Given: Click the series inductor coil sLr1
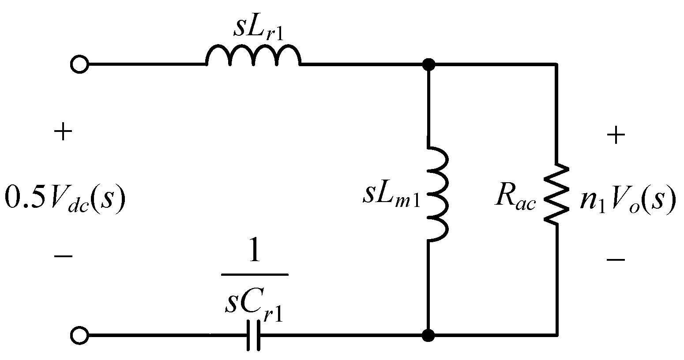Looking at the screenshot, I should pyautogui.click(x=253, y=56).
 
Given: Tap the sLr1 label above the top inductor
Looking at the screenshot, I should pyautogui.click(x=258, y=29).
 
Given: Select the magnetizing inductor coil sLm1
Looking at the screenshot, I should pyautogui.click(x=438, y=194).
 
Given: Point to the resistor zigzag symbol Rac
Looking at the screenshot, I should pyautogui.click(x=557, y=194).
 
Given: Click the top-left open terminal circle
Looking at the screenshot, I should pyautogui.click(x=79, y=64).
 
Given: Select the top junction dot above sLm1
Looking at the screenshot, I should pyautogui.click(x=428, y=64).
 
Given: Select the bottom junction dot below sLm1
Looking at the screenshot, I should pyautogui.click(x=428, y=336).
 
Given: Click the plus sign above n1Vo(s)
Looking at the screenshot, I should pyautogui.click(x=616, y=135).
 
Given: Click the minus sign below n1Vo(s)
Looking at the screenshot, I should pyautogui.click(x=616, y=259).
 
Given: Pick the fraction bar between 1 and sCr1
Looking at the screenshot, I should pyautogui.click(x=254, y=274).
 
